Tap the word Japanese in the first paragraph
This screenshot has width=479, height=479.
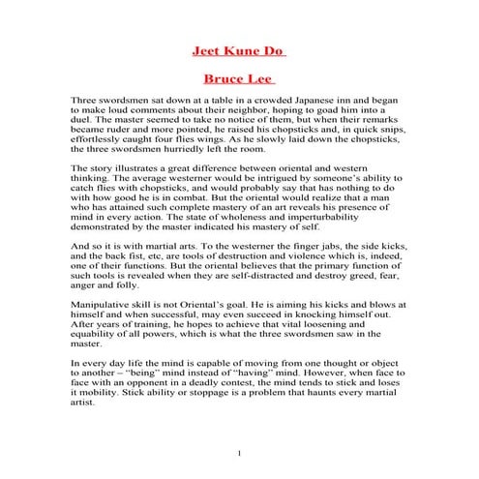click(297, 101)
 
